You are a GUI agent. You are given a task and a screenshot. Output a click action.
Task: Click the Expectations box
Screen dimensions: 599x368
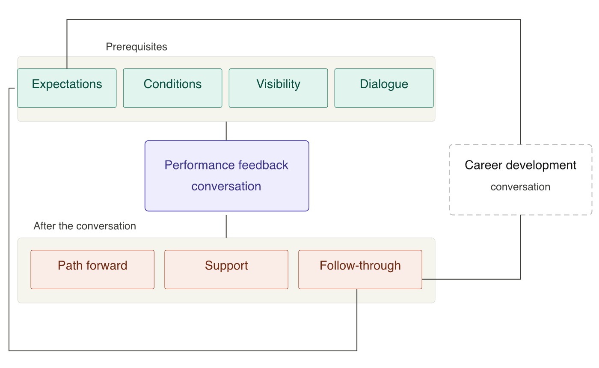(x=67, y=88)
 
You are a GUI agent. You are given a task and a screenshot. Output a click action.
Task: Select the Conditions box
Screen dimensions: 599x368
(x=172, y=88)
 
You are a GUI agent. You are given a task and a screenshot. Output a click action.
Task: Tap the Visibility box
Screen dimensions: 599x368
(x=278, y=88)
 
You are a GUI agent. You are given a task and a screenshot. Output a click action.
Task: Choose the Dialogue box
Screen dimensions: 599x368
(x=384, y=88)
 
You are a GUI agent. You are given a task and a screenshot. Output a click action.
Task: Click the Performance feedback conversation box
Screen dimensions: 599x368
(x=227, y=176)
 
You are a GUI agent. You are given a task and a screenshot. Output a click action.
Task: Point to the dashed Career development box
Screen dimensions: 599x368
(x=520, y=179)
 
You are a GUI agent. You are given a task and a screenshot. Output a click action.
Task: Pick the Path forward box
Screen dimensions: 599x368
(x=92, y=269)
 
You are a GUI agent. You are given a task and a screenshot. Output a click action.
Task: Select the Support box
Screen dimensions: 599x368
(x=226, y=269)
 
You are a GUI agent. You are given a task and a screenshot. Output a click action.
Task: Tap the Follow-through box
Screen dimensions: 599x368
(x=360, y=269)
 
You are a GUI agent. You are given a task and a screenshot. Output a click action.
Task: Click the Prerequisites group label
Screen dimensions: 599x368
(x=136, y=47)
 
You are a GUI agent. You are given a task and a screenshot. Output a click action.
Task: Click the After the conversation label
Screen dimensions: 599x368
(x=85, y=226)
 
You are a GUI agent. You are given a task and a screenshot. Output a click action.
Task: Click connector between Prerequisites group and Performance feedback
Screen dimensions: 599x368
(x=226, y=131)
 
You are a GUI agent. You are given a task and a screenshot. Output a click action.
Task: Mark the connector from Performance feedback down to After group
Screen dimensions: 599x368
(x=226, y=226)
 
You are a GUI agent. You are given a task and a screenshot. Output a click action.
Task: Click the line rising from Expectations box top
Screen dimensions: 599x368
(x=294, y=19)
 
